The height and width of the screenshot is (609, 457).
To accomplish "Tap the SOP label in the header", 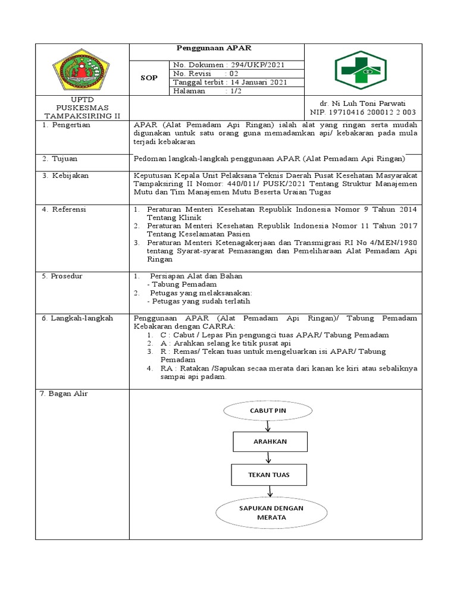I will [x=149, y=77].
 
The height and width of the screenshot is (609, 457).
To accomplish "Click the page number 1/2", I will [x=233, y=91].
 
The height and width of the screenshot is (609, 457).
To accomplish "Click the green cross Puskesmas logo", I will [x=359, y=70].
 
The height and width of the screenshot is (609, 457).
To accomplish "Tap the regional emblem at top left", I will [x=82, y=70].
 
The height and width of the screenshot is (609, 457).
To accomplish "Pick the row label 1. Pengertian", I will [x=65, y=125].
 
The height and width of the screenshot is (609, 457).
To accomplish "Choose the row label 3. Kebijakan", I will [x=65, y=176].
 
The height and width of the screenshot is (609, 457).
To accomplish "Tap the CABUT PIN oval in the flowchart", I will [x=268, y=411].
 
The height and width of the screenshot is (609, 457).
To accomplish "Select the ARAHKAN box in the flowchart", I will [x=270, y=442].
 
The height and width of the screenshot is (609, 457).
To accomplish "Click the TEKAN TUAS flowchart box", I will [x=269, y=475].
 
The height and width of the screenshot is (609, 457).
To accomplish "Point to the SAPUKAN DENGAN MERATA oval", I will [x=271, y=512].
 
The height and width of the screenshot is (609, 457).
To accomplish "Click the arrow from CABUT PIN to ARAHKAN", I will [x=269, y=426].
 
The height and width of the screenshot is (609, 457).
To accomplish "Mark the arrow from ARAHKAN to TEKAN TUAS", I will [x=270, y=458].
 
